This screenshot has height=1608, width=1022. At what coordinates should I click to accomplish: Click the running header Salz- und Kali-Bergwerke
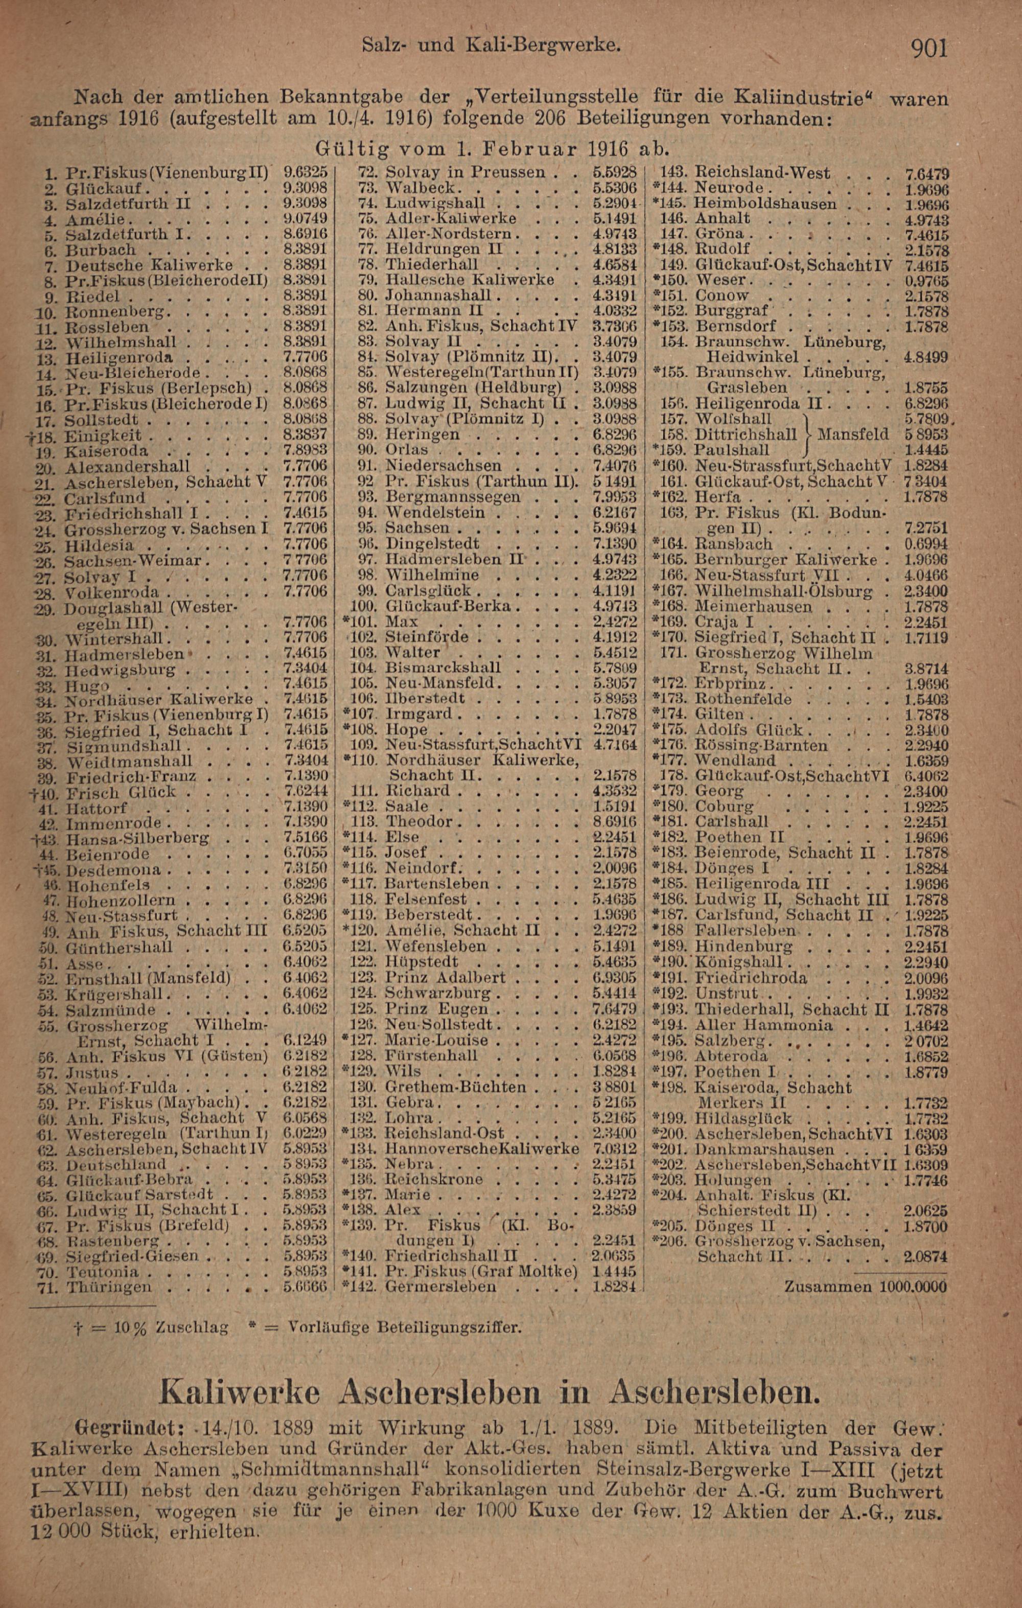pos(493,45)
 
